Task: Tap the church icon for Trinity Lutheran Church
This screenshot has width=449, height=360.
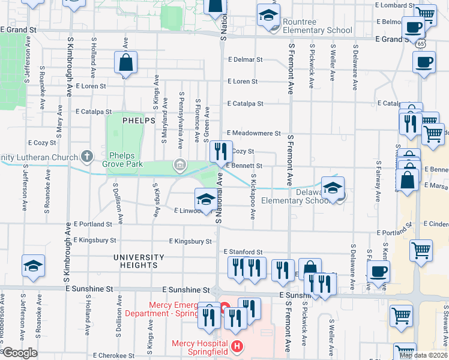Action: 87,157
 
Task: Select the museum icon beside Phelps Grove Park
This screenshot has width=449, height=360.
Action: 179,165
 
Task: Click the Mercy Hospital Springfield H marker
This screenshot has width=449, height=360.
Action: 238,346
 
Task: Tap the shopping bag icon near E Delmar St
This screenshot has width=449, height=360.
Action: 126,62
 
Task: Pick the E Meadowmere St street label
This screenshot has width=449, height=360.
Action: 253,133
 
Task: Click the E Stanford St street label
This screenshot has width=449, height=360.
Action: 243,252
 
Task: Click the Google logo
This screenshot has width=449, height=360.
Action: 20,353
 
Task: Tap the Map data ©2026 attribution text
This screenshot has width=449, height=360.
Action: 423,355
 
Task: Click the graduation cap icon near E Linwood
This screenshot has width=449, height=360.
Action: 205,199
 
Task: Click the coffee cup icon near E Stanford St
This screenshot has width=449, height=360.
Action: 378,271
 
